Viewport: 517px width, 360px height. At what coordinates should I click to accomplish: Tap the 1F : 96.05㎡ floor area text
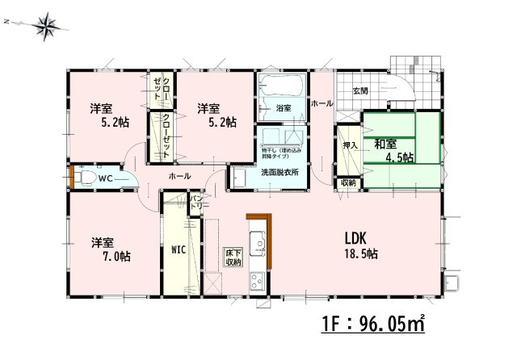pos(373,326)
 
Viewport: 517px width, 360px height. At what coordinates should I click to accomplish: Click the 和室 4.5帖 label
pos(393,150)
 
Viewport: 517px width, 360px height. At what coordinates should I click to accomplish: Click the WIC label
pos(179,249)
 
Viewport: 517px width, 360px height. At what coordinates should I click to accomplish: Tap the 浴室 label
pos(283,107)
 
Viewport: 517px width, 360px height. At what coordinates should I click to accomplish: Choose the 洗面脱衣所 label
pos(280,172)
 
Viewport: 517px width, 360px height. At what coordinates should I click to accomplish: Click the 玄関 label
pos(360,90)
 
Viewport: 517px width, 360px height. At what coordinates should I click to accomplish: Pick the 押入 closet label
pos(349,145)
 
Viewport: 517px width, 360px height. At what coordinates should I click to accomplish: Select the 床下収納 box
pos(233,257)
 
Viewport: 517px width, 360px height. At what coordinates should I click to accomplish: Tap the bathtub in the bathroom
pos(281,85)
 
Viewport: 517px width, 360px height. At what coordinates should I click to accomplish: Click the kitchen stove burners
pos(258,282)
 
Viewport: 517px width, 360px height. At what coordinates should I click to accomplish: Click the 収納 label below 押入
pos(347,183)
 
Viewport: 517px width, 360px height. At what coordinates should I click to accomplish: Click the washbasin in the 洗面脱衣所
pos(239,176)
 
